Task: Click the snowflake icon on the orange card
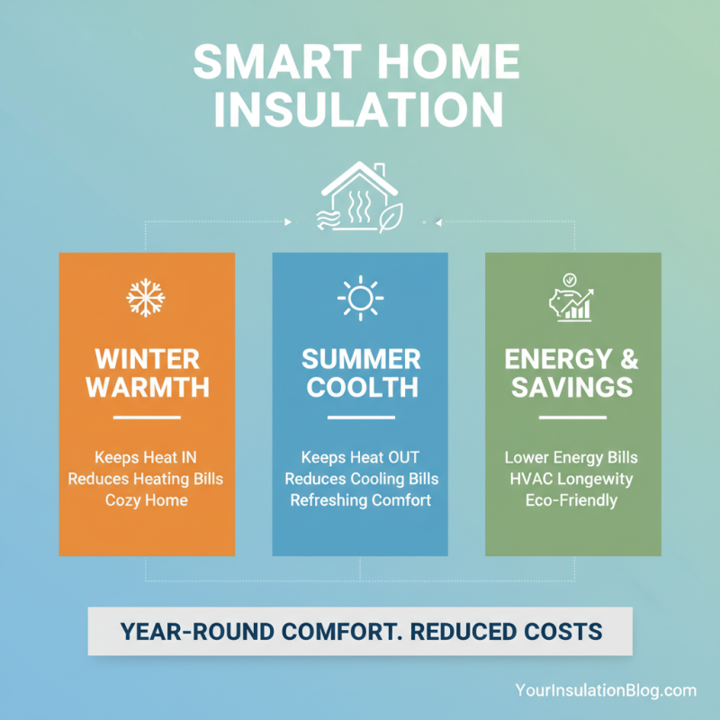pyautogui.click(x=146, y=297)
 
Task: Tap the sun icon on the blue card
pyautogui.click(x=360, y=297)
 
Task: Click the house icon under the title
pyautogui.click(x=359, y=199)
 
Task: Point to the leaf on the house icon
pyautogui.click(x=391, y=218)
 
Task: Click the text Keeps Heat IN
pyautogui.click(x=147, y=456)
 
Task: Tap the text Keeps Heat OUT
pyautogui.click(x=360, y=456)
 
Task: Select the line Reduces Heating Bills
pyautogui.click(x=147, y=478)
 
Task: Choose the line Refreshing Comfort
pyautogui.click(x=360, y=499)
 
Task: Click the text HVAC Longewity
pyautogui.click(x=572, y=478)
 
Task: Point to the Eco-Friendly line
pyautogui.click(x=572, y=499)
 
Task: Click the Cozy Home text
pyautogui.click(x=147, y=499)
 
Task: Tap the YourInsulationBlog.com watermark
pyautogui.click(x=606, y=690)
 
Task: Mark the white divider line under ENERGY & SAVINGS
pyautogui.click(x=572, y=418)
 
